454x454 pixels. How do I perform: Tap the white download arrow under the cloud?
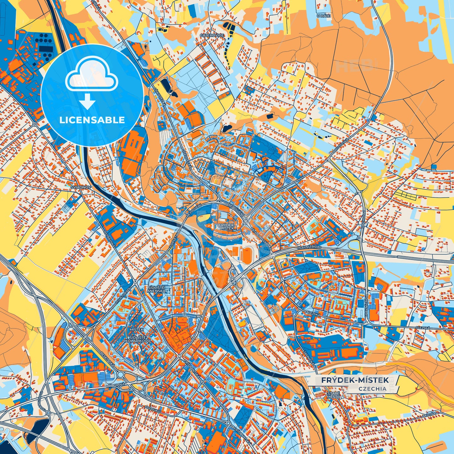88,101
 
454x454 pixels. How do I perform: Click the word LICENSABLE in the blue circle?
92,120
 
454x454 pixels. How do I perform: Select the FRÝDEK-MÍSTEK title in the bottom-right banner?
355,380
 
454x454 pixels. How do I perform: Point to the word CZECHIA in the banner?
372,389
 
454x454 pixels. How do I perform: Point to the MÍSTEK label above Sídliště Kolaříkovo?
136,330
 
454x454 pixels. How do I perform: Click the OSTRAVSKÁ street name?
109,238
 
